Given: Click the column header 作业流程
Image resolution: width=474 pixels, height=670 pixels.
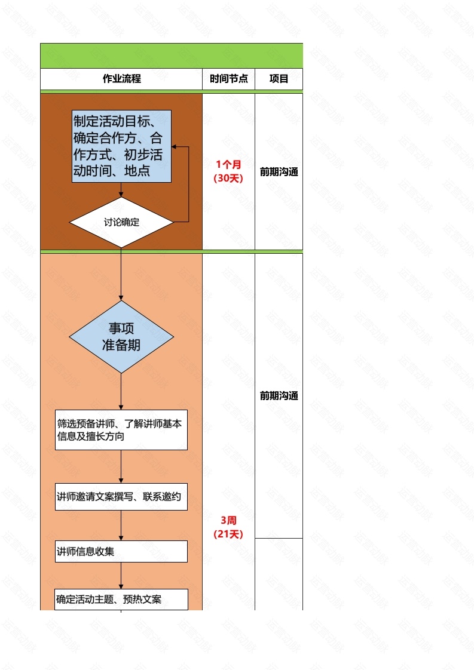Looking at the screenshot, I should (121, 79).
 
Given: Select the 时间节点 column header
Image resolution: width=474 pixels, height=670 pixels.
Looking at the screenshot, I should (228, 79).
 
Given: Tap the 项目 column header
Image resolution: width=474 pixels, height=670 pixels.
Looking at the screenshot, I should (279, 79).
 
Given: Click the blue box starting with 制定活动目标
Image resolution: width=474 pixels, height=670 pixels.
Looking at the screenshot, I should (121, 146).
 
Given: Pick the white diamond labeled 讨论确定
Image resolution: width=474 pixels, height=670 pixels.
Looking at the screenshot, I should (121, 222).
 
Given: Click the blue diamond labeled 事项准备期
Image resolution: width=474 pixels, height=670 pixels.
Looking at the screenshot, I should (121, 337).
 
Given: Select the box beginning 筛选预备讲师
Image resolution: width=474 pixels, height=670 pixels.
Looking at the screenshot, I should (121, 430).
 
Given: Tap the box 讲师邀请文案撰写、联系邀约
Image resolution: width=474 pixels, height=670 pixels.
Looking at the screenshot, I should (121, 497).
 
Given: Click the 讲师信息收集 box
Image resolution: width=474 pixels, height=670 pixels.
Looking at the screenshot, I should (121, 551).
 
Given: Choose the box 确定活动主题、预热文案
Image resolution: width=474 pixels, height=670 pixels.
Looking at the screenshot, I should (121, 600).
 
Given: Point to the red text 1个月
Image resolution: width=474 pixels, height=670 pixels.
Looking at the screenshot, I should (228, 164).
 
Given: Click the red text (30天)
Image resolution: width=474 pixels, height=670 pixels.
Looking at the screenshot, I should (228, 178).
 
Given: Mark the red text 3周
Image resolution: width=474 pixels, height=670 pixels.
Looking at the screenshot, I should (228, 520).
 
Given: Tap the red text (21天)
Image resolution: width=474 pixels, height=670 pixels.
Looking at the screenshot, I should (228, 534).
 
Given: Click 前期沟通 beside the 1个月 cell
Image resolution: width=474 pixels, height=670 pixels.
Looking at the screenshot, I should (279, 172).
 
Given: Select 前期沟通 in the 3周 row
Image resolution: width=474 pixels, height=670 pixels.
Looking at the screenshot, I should (279, 395).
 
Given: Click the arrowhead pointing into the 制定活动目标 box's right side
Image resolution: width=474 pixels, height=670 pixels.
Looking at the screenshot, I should (175, 147).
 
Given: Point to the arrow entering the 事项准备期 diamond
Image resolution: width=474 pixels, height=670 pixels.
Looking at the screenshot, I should (121, 297).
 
